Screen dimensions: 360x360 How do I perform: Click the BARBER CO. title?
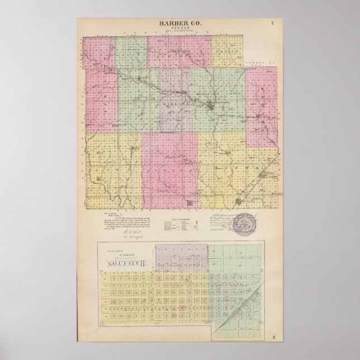click(179, 22)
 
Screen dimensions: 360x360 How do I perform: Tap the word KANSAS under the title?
click(179, 27)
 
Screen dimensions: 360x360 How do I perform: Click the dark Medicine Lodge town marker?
click(210, 105)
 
